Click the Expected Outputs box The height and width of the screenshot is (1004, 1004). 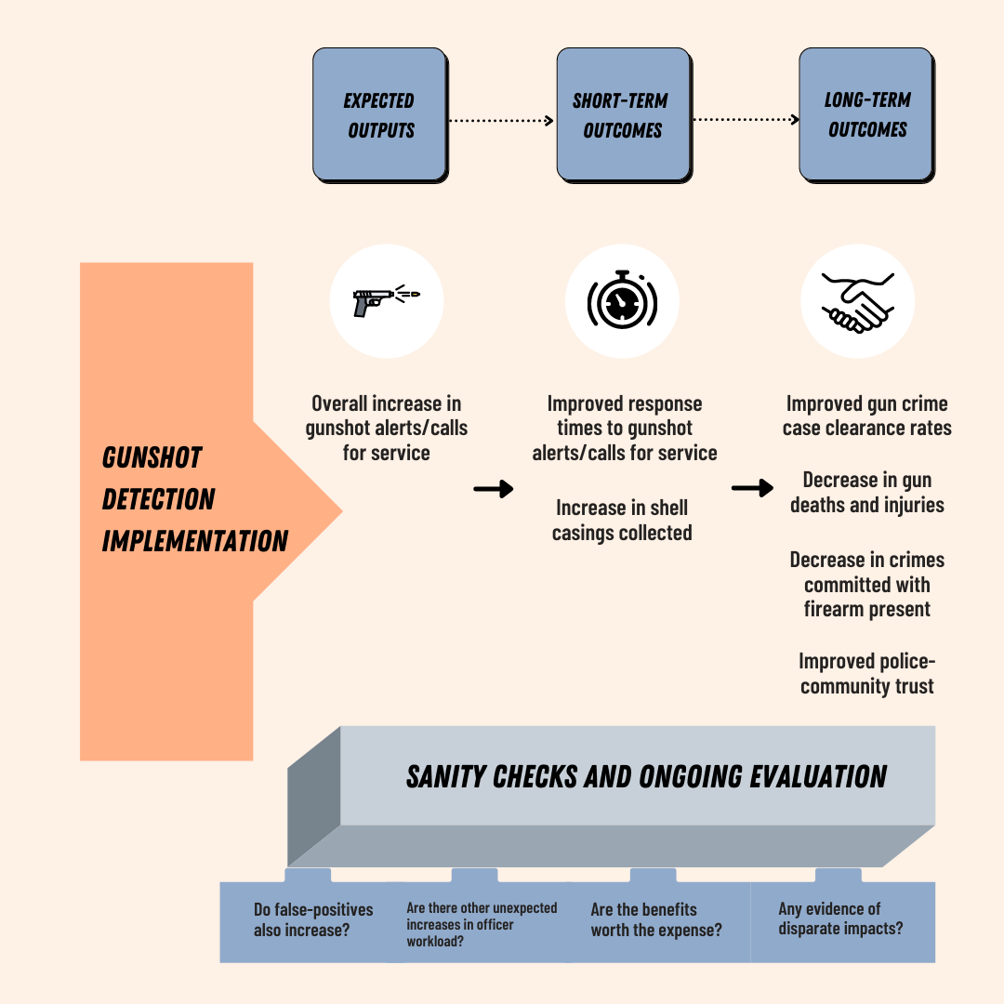point(379,114)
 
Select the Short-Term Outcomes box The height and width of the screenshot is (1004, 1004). point(623,114)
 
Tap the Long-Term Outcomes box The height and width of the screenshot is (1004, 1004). point(866,114)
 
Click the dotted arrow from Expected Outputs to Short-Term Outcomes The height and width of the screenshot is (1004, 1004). point(500,120)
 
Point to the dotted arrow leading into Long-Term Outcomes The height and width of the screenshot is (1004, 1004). point(746,120)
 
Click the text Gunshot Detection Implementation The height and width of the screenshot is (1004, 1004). point(194,499)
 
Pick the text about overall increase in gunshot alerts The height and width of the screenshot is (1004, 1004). point(387,429)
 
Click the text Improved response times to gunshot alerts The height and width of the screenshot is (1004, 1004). point(625,429)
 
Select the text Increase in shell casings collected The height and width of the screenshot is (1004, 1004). point(622,521)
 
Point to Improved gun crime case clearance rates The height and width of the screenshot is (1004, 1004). point(866,416)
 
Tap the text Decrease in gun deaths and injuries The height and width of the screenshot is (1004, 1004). point(866,493)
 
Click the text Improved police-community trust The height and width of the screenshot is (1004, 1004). point(866,674)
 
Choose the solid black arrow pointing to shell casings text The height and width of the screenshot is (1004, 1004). point(493,489)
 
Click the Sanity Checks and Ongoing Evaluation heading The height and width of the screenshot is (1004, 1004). point(646,777)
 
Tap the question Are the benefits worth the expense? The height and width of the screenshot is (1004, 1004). point(655,919)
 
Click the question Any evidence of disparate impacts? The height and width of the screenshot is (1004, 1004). point(840,918)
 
